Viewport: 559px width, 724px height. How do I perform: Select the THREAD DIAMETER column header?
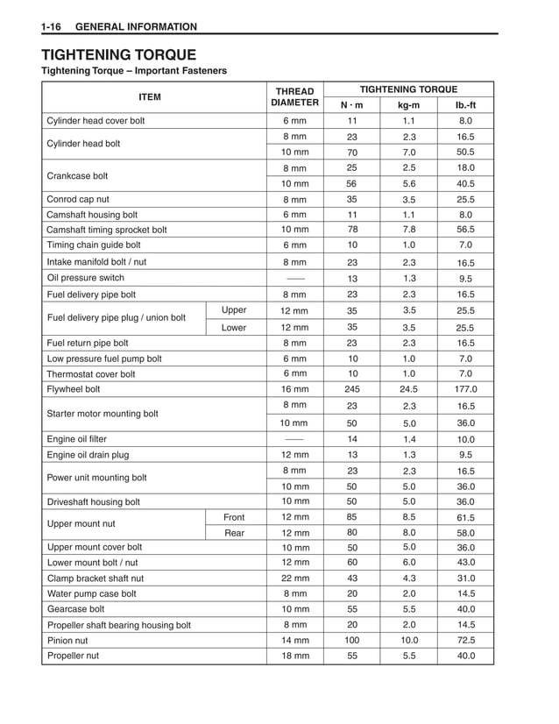coord(294,96)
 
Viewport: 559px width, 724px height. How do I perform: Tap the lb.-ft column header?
coord(465,105)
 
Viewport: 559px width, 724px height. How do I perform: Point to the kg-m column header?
coord(408,105)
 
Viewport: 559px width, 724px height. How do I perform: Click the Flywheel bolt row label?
coord(74,389)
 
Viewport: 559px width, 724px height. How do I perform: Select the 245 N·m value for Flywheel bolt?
coord(351,389)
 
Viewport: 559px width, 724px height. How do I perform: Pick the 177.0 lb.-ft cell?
coord(465,389)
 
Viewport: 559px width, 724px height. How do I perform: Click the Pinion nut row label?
coord(68,640)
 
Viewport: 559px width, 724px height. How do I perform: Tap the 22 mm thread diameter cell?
coord(294,578)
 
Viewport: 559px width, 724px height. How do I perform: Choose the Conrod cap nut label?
coord(78,199)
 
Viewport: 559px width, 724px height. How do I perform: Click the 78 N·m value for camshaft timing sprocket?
coord(351,230)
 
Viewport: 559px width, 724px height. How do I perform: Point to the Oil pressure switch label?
coord(84,279)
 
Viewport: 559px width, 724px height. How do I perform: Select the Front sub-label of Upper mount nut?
coord(234,517)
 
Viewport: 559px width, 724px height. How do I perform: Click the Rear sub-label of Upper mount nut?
coord(234,532)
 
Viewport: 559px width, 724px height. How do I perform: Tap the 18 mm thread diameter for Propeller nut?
coord(294,656)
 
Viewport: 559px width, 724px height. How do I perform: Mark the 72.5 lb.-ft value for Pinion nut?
coord(465,640)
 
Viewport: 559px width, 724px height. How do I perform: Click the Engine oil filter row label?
coord(77,438)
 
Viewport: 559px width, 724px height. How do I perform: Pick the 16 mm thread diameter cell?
coord(294,389)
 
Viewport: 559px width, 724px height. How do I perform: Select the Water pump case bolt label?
coord(92,593)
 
